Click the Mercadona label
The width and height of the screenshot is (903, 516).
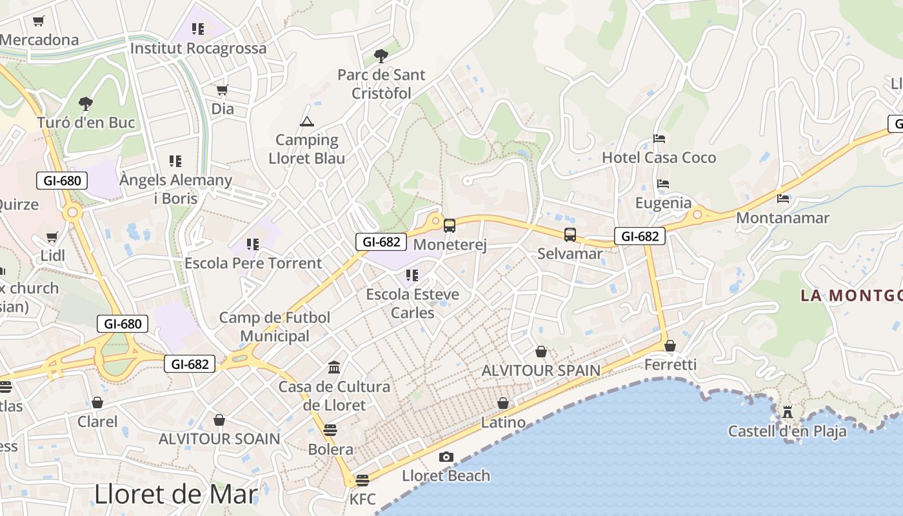pos(39,40)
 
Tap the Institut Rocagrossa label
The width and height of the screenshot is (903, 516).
pos(198,48)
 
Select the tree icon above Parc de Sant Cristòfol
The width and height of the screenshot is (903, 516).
pos(381,55)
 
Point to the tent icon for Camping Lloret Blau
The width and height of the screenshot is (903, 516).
pos(307,121)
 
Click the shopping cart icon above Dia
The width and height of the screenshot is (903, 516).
pos(223,90)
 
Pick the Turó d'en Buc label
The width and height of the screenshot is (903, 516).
pos(86,123)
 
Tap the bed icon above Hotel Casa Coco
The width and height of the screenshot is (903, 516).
pos(659,139)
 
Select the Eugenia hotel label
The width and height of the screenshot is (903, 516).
pos(663,203)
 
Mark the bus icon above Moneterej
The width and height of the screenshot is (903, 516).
pos(450,226)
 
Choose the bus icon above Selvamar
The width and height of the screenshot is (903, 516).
pos(570,235)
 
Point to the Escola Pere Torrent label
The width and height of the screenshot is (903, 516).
pos(253,263)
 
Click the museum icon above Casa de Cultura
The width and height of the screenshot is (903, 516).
pos(334,368)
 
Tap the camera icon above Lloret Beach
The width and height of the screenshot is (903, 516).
pos(446,457)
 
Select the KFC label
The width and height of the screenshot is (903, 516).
pos(362,499)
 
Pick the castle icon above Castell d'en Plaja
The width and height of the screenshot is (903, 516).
pos(787,412)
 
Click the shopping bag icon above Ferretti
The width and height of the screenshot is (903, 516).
pos(670,346)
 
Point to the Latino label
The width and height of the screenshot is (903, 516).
pos(503,423)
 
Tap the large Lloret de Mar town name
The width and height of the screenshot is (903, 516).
pos(176,494)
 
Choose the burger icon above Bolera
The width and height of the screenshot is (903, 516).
pos(330,430)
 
